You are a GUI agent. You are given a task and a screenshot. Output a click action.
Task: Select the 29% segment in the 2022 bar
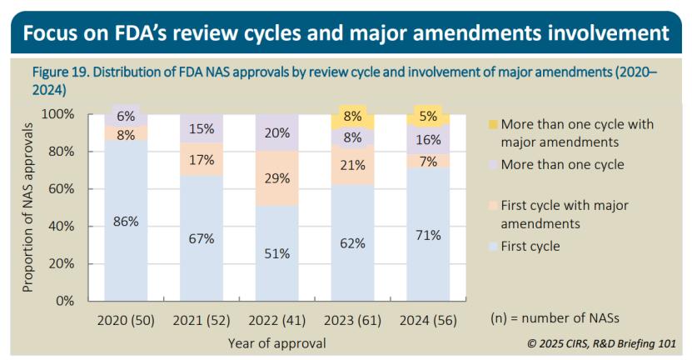click(x=276, y=177)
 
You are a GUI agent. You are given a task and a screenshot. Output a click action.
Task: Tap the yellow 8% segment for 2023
click(x=352, y=117)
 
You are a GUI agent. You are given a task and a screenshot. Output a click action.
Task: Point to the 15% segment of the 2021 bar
click(x=201, y=128)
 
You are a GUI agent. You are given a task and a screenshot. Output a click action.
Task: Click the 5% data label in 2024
click(x=429, y=116)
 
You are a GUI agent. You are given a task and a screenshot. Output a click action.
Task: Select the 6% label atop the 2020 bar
click(x=125, y=117)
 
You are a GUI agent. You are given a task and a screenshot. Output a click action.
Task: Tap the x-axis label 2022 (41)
click(x=276, y=320)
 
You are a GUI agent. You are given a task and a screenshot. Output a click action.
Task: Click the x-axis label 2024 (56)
click(x=428, y=320)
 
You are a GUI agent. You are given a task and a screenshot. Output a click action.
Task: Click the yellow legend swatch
click(x=493, y=125)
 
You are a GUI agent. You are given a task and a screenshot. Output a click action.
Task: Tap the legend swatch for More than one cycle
click(x=493, y=165)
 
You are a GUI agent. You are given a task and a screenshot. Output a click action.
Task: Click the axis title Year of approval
click(x=276, y=342)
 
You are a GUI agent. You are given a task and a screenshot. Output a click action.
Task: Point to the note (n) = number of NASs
click(x=552, y=319)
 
